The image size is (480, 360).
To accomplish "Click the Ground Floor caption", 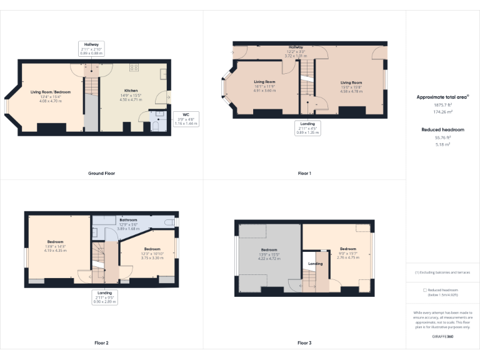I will [x=101, y=172].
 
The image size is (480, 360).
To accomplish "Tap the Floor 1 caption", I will [x=304, y=172].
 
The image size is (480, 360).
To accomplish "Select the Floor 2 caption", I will [x=101, y=343].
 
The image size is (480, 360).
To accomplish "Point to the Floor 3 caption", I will [x=304, y=343].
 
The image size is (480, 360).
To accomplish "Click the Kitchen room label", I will [x=131, y=91].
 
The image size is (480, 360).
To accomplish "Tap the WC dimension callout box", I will [x=186, y=119].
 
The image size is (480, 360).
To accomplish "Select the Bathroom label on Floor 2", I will [x=129, y=220].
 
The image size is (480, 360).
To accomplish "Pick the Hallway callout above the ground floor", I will [x=91, y=48].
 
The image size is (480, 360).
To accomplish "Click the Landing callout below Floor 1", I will [x=307, y=128].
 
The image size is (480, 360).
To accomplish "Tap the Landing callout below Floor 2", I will [x=104, y=297].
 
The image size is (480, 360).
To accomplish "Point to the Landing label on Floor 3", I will [x=316, y=264].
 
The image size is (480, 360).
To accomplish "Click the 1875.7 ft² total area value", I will [x=442, y=105].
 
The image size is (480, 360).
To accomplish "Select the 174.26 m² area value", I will [x=442, y=111].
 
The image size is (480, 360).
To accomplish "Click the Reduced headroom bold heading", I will [x=442, y=129].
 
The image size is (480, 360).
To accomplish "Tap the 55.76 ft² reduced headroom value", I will [x=442, y=137].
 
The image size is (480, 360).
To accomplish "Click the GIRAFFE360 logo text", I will [x=442, y=337].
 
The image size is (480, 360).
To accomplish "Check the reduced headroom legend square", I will [x=425, y=290].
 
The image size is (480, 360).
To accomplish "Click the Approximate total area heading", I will [x=442, y=97].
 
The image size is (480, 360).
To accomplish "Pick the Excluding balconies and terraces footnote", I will [x=442, y=272].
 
